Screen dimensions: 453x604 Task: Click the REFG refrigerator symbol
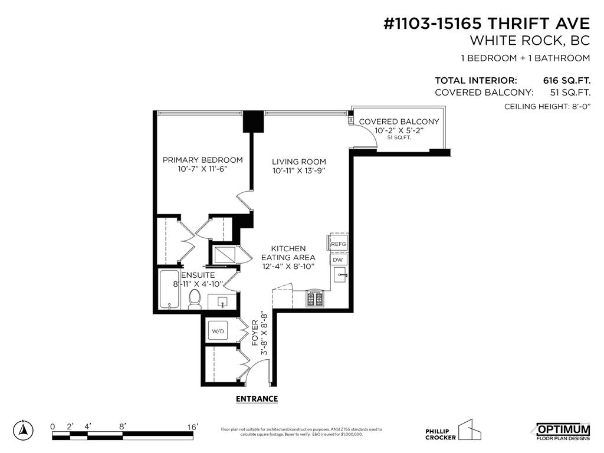click(x=338, y=244)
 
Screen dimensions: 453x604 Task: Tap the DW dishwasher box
click(x=338, y=260)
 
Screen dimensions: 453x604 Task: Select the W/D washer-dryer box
click(x=218, y=331)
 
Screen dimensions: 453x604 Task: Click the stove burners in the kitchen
click(x=314, y=298)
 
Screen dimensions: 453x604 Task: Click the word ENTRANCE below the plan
click(x=257, y=399)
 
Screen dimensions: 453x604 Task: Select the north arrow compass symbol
click(x=23, y=430)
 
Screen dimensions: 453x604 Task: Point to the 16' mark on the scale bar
click(x=193, y=426)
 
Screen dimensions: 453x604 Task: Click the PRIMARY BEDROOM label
click(x=202, y=160)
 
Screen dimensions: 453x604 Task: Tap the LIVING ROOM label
click(x=298, y=162)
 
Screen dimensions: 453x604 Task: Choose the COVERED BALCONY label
click(x=399, y=122)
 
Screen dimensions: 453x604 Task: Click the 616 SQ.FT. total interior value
click(x=566, y=80)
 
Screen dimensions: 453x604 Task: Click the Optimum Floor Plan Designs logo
click(x=563, y=431)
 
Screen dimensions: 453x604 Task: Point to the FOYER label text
click(x=255, y=333)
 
